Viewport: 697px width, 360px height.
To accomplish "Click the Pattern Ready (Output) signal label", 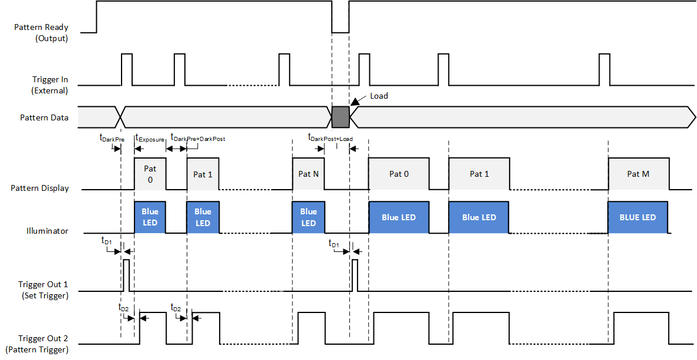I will coord(41,33).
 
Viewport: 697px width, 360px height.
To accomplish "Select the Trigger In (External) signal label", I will coord(50,85).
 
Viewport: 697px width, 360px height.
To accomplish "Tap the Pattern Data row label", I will coord(44,117).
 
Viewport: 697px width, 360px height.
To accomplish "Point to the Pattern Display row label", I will coord(39,189).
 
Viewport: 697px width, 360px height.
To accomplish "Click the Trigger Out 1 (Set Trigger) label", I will coord(45,290).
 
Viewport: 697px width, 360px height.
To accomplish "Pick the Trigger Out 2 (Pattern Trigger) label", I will coord(43,344).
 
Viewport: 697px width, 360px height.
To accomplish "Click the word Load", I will coord(379,96).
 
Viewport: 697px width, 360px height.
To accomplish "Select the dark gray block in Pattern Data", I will coord(341,117).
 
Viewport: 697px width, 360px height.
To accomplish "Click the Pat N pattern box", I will coord(308,174).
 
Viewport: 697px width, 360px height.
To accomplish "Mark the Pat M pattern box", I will coord(638,174).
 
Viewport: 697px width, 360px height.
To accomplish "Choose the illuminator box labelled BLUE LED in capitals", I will coord(638,217).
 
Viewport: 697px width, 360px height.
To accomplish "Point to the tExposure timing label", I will coord(150,139).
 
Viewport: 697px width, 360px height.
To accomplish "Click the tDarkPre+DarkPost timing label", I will coord(198,138).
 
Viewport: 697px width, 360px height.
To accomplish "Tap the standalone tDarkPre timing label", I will coord(112,139).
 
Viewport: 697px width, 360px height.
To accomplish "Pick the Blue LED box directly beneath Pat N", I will coord(308,217).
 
